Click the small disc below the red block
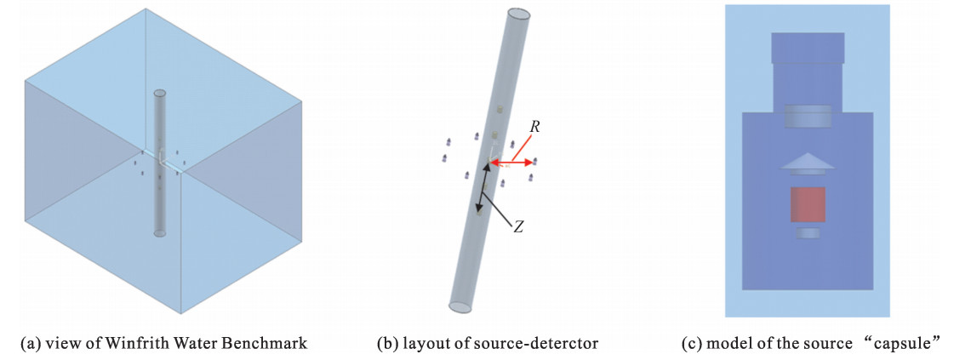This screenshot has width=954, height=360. tap(808, 232)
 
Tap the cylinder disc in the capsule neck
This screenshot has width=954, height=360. tap(807, 116)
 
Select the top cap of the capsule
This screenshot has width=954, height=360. tap(807, 49)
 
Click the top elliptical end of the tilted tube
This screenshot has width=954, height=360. tap(520, 15)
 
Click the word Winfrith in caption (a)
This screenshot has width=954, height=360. tap(125, 343)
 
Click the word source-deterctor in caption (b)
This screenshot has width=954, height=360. tap(544, 343)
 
